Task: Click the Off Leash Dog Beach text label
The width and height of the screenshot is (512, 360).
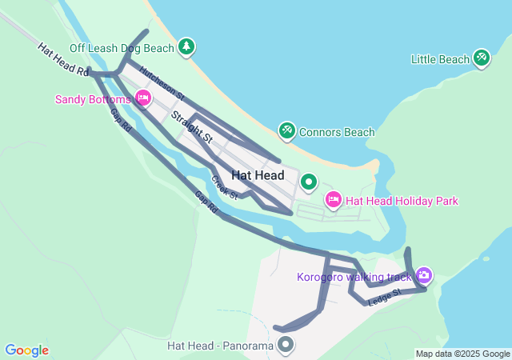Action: tap(121, 48)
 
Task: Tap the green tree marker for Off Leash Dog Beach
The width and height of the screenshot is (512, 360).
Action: tap(186, 47)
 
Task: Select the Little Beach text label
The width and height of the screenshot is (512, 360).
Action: tap(440, 59)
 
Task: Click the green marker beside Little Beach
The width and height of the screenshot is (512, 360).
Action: tap(481, 58)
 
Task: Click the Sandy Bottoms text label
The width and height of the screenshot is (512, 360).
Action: tap(92, 100)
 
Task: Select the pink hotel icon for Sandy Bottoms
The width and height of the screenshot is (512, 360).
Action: tap(143, 98)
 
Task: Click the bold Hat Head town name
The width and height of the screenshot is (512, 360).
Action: tap(257, 174)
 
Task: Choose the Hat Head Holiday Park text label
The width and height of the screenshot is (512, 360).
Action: tap(402, 201)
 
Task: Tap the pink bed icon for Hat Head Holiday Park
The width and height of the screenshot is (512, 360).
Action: tap(333, 199)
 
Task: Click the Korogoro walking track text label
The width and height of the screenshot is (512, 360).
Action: tap(354, 278)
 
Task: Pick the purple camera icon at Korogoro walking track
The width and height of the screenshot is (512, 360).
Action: tap(423, 276)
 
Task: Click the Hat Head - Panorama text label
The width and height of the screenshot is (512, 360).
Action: tap(220, 346)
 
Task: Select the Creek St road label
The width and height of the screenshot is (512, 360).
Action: tap(225, 187)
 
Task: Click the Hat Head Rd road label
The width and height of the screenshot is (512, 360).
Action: tap(62, 60)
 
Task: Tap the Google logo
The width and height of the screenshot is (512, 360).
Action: tap(26, 350)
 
